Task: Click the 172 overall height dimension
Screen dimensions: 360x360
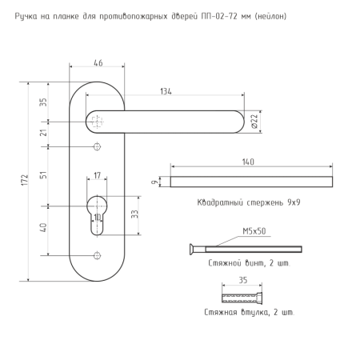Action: click(25, 180)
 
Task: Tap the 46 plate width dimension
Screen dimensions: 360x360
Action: click(98, 63)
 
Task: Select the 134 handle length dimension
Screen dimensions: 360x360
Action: click(166, 91)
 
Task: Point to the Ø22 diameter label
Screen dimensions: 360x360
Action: click(255, 122)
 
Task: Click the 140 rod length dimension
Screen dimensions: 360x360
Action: click(248, 162)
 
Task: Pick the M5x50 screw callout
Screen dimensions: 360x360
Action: click(254, 231)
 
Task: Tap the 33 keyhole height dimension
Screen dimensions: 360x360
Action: click(135, 214)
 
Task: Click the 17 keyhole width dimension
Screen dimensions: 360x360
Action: click(97, 175)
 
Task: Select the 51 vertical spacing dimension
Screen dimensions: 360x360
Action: click(43, 175)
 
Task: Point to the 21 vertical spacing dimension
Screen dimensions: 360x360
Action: click(43, 133)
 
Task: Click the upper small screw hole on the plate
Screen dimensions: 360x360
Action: click(97, 146)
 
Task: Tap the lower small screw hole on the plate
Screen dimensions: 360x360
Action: click(97, 255)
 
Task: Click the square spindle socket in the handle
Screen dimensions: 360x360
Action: click(97, 122)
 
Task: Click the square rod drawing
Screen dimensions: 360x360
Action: click(251, 182)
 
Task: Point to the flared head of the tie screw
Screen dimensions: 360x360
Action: click(192, 250)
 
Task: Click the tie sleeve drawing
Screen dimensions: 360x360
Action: click(242, 298)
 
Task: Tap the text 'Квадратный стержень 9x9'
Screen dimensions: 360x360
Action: click(249, 202)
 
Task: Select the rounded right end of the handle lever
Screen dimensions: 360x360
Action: click(239, 122)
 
